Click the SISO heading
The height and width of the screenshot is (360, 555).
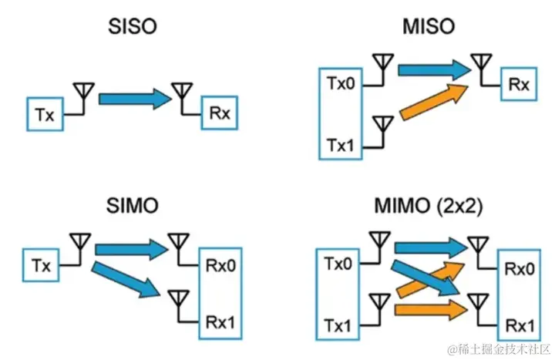click(x=133, y=26)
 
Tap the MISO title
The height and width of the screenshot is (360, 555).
click(x=429, y=26)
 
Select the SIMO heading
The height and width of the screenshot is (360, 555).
click(x=133, y=205)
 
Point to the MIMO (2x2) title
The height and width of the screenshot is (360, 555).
click(x=429, y=206)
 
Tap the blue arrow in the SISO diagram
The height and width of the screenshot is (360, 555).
click(x=135, y=99)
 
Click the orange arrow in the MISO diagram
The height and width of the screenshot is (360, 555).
click(x=434, y=102)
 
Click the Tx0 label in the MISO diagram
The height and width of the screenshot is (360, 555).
click(x=341, y=83)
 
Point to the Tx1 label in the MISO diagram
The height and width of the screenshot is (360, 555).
click(x=340, y=145)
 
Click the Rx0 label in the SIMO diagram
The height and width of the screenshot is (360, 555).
click(x=220, y=265)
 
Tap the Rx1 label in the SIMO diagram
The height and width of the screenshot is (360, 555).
click(x=220, y=322)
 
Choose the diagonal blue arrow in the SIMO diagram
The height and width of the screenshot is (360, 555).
click(x=126, y=280)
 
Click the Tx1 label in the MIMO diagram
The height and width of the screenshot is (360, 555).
click(x=338, y=325)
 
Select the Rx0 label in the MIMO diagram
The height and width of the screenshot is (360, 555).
click(x=520, y=269)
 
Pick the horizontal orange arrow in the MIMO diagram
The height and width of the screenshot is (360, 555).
click(x=431, y=310)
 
